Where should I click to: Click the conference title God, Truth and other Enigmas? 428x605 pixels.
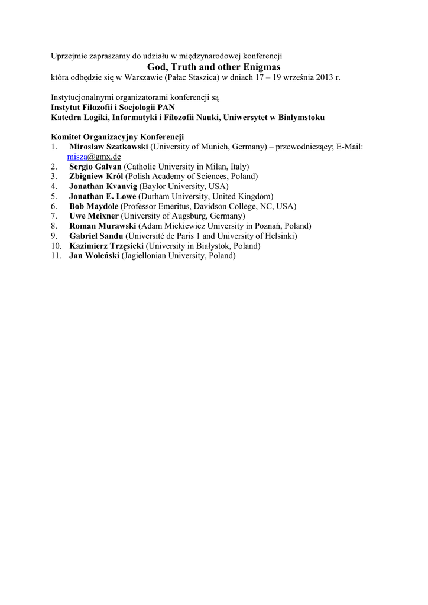point(213,67)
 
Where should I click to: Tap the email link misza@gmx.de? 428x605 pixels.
point(93,157)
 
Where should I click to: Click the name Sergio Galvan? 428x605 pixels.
point(95,167)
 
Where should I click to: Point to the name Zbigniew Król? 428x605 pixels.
point(96,176)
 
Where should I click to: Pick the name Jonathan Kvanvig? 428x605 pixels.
point(103,186)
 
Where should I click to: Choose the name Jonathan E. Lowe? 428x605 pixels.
point(103,196)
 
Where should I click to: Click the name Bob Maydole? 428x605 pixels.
point(93,206)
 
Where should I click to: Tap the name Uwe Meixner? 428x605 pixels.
point(93,216)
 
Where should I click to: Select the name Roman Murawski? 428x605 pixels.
point(102,226)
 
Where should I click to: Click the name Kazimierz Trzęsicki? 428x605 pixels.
point(106,246)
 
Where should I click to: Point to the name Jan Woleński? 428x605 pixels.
point(95,256)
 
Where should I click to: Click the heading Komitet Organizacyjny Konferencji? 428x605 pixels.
point(118,136)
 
